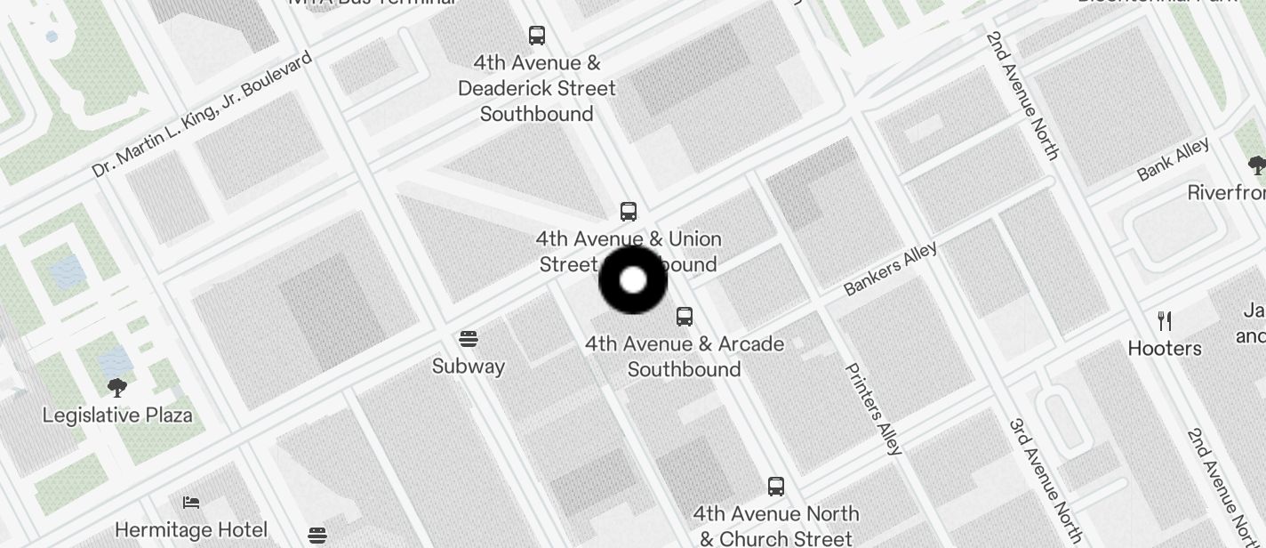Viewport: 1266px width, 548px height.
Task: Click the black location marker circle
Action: pos(633,280)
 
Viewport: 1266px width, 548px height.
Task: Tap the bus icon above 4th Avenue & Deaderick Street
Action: pos(537,36)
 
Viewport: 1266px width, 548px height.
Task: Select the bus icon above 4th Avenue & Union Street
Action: pos(629,212)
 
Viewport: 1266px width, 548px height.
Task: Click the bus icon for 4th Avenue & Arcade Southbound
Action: pos(685,317)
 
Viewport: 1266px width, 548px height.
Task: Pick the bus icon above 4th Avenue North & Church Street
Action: pos(776,487)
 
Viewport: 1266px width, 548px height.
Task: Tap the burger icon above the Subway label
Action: pos(469,339)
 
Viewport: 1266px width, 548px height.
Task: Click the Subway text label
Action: pos(469,366)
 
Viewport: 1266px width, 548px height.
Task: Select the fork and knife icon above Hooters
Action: pos(1165,321)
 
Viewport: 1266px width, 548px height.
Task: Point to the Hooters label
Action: pos(1165,348)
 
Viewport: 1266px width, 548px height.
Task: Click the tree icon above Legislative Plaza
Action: pos(116,388)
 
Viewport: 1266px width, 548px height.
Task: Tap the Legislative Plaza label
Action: pos(117,415)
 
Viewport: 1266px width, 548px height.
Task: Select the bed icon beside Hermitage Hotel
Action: pos(191,504)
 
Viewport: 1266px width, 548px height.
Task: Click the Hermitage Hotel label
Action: pos(191,530)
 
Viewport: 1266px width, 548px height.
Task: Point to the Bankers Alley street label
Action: pos(890,268)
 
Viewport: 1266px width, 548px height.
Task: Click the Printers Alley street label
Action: pos(873,409)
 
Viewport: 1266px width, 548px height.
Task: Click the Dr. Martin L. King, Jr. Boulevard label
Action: pos(202,114)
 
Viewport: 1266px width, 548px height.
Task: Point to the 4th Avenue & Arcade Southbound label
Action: pos(685,356)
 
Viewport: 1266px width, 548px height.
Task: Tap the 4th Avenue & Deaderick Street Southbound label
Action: pos(537,88)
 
